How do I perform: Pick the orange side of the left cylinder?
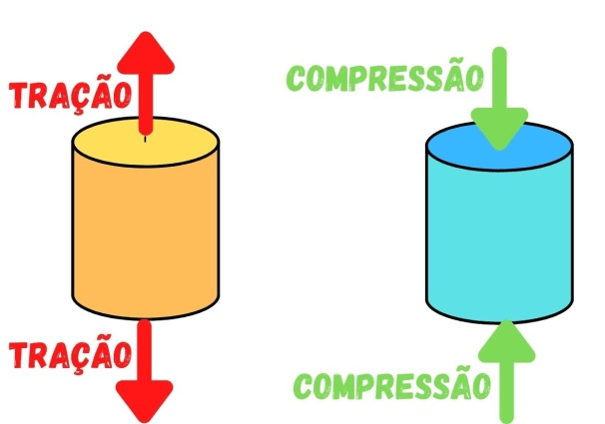pos(146,239)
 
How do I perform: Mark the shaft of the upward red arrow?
pos(146,105)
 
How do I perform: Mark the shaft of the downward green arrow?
pos(499,80)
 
